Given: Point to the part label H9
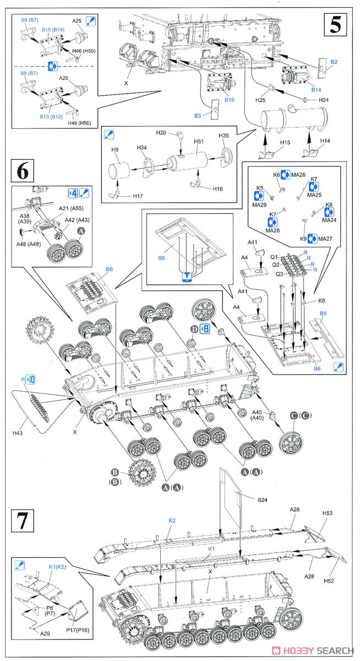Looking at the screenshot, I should tap(114, 150).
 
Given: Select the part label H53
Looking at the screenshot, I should tap(329, 513).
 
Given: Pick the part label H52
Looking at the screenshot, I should tap(329, 581).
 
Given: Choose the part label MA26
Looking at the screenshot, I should tap(299, 175).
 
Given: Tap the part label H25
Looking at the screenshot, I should tap(260, 100).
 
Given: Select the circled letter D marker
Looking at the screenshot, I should tap(194, 329).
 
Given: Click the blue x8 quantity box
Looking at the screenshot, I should tap(204, 329).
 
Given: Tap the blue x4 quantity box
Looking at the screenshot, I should tap(72, 193).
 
